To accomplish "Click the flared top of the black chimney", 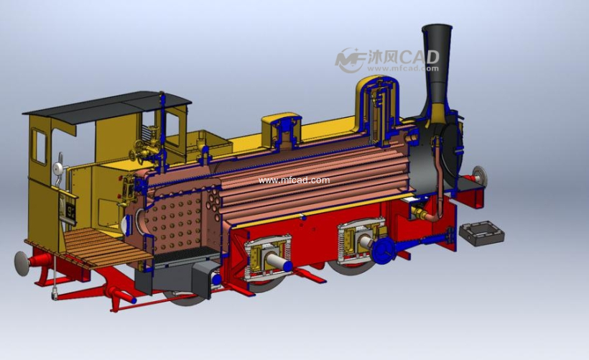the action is click(x=437, y=31).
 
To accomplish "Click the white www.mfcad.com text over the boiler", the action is click(x=294, y=180).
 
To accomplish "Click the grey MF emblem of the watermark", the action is click(x=349, y=60).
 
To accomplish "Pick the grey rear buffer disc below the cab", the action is click(x=22, y=264).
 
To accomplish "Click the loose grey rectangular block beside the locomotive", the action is click(x=481, y=233).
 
